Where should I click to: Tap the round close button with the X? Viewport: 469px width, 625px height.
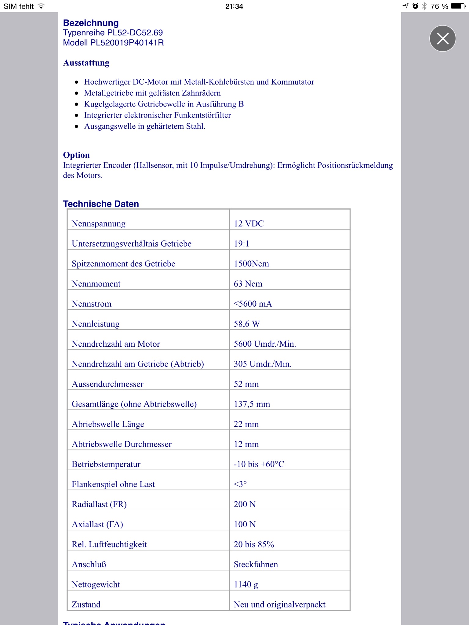point(442,38)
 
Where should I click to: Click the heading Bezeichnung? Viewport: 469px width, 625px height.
point(91,23)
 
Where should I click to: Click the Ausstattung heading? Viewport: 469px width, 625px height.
point(86,63)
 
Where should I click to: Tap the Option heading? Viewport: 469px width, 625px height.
point(76,155)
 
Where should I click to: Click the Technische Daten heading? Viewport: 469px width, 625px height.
point(101,204)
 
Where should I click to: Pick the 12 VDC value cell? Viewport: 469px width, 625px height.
point(249,224)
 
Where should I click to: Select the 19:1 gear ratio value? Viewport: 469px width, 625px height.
point(242,244)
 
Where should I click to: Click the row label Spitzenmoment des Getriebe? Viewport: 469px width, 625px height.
point(123,264)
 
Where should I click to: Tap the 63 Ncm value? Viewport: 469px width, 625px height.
point(248,284)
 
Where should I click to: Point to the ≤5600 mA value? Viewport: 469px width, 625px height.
point(253,304)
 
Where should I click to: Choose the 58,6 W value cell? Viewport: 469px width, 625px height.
point(247,324)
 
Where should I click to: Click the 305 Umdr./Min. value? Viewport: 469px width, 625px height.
point(263,364)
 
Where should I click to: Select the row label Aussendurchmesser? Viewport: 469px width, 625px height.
point(107,384)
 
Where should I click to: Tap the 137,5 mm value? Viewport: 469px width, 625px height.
point(252,404)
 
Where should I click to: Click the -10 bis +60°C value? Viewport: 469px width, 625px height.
point(259,464)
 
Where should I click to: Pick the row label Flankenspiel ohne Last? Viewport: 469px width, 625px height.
point(113,485)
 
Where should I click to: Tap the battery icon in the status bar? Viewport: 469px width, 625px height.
point(458,6)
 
